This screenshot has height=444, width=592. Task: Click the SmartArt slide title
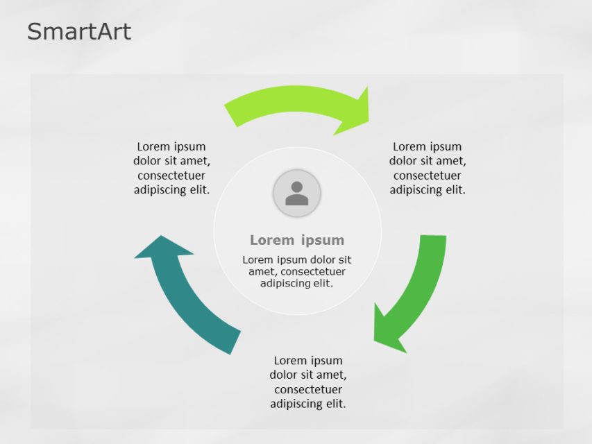click(x=79, y=31)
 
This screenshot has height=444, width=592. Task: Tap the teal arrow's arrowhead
click(x=164, y=248)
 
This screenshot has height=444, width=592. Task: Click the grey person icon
click(x=297, y=193)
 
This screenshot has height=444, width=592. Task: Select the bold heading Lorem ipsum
click(x=297, y=240)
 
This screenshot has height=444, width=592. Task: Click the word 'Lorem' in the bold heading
click(x=272, y=240)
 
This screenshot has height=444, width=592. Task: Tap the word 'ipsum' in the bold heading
click(x=323, y=240)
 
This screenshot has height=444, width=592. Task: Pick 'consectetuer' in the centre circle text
click(x=313, y=271)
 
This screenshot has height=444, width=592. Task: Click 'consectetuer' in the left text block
click(x=171, y=176)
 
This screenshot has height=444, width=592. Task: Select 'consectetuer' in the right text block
click(x=427, y=176)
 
